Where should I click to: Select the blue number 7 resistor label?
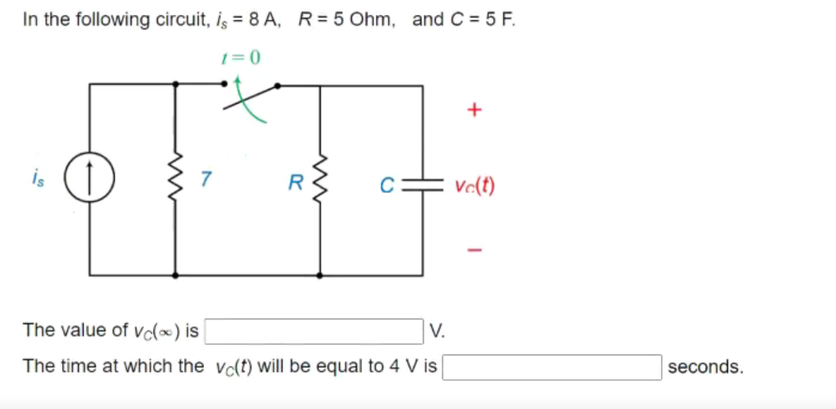[x=206, y=180]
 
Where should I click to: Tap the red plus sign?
[x=473, y=110]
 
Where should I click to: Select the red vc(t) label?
[x=474, y=187]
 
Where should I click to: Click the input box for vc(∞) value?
[x=315, y=331]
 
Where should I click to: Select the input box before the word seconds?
[x=552, y=367]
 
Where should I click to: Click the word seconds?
[x=705, y=367]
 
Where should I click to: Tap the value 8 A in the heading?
[x=263, y=20]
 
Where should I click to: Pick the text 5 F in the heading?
[x=499, y=20]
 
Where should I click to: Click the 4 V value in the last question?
[x=402, y=367]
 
